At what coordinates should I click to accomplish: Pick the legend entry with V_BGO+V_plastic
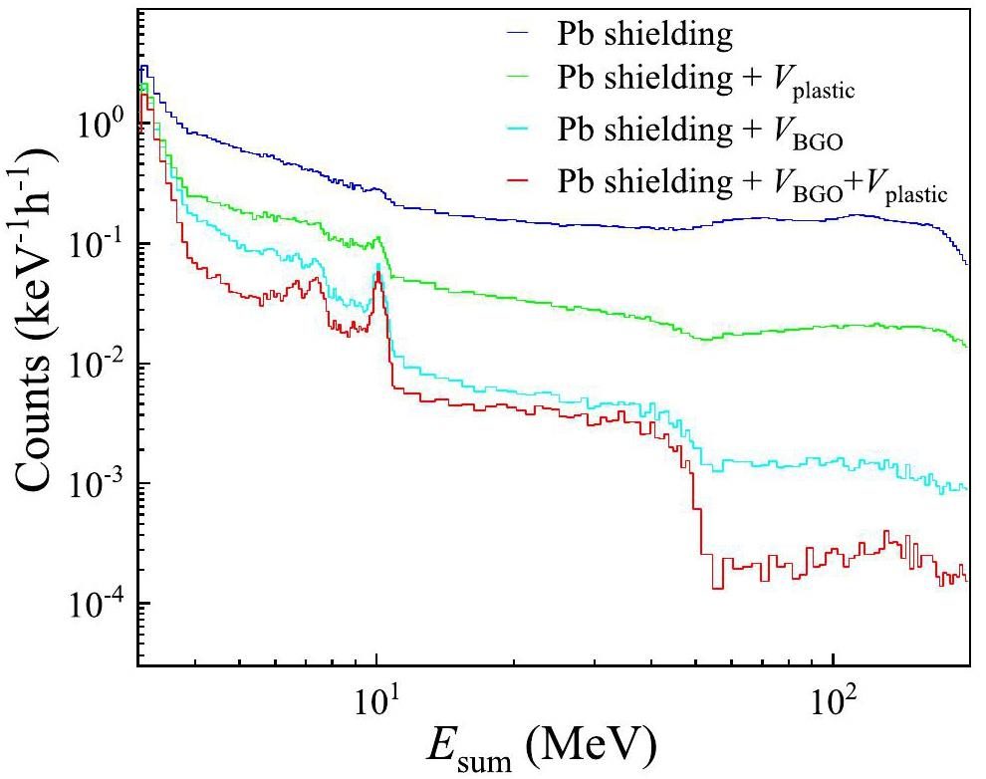click(x=751, y=182)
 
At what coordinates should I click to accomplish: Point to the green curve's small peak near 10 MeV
click(x=378, y=239)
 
